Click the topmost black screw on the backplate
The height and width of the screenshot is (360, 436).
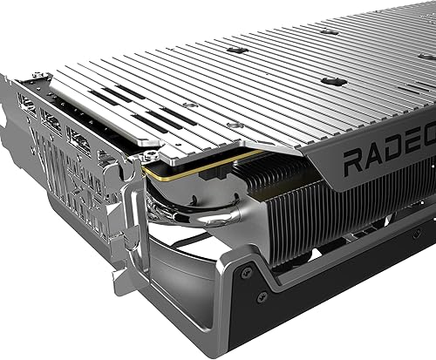329,32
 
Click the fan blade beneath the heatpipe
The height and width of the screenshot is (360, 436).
187,279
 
